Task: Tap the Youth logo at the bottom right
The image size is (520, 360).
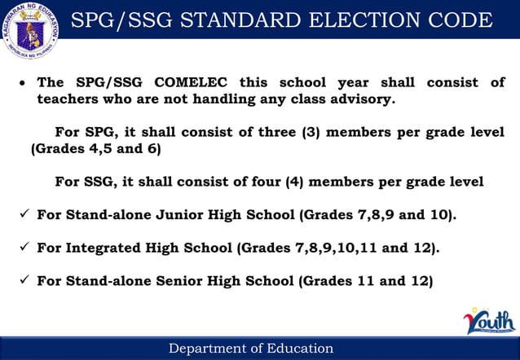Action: click(490, 321)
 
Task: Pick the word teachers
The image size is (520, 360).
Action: click(68, 99)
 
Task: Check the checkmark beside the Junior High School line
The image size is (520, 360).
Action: click(24, 215)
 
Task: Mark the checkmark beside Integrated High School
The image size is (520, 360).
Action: click(24, 248)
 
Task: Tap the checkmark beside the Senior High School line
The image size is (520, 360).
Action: click(24, 281)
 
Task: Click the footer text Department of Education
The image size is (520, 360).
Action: click(251, 349)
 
